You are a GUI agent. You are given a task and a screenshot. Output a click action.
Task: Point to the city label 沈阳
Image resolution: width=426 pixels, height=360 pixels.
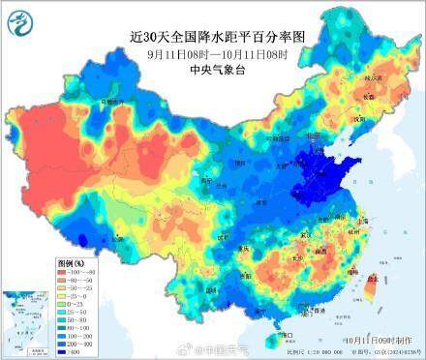(x=359, y=119)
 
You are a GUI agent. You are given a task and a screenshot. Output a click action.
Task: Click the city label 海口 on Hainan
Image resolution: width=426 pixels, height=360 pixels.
(x=284, y=335)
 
